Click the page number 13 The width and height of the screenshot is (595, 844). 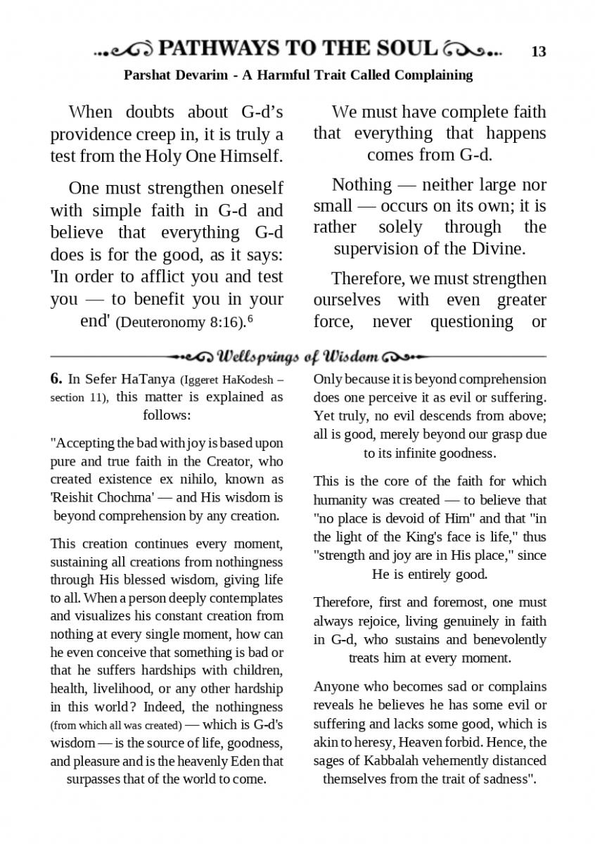click(539, 51)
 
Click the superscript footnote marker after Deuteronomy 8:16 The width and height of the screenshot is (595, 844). click(250, 319)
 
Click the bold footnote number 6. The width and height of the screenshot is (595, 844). click(56, 378)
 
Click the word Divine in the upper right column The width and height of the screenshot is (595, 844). click(495, 248)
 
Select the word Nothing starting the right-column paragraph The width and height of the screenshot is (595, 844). click(362, 184)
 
